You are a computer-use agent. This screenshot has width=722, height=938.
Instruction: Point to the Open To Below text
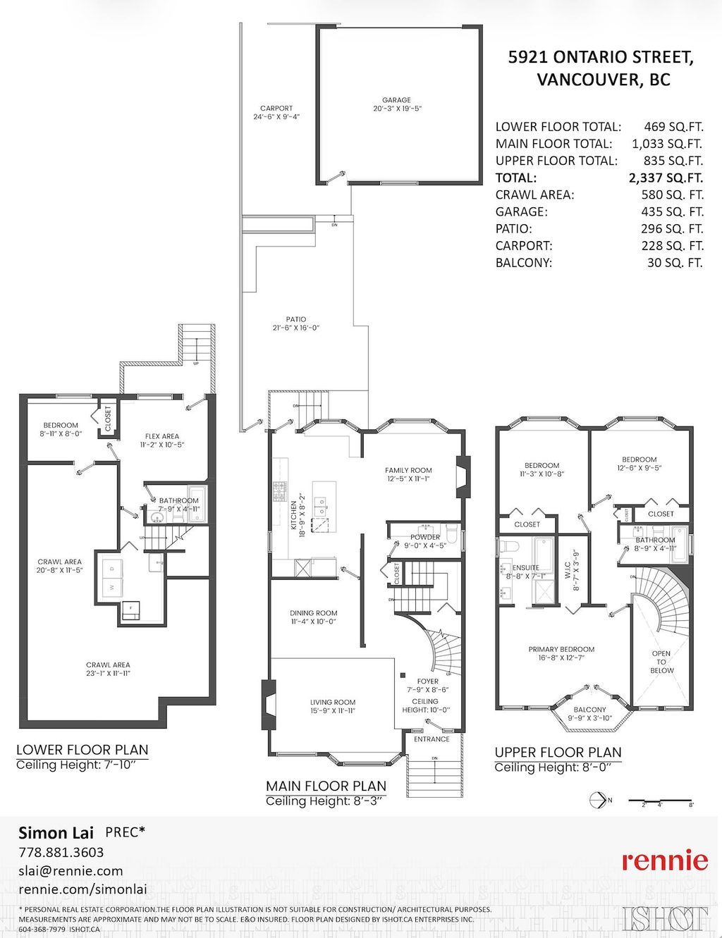661,662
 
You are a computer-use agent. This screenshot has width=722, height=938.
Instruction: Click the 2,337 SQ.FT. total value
666,178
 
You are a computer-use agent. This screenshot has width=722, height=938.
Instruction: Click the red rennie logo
664,860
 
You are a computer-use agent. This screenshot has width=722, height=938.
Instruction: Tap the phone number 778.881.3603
61,852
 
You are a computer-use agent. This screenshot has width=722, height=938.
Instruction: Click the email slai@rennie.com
71,870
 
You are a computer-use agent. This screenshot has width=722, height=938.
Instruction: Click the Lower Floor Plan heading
82,750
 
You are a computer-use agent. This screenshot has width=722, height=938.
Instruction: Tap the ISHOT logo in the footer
665,918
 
